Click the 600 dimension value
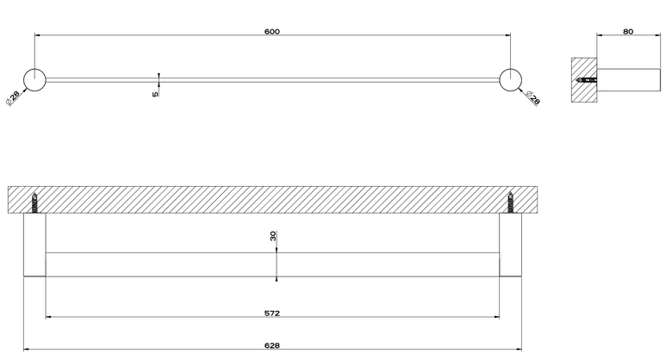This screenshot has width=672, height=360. [272, 31]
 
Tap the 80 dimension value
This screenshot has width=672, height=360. [628, 31]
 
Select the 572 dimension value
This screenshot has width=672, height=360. [272, 313]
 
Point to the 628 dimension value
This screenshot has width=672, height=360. [272, 345]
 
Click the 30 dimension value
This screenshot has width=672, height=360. [273, 236]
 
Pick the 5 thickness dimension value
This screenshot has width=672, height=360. [155, 93]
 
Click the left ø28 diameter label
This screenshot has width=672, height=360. [12, 98]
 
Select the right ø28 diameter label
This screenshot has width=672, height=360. [532, 98]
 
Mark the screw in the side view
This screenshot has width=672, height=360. [587, 80]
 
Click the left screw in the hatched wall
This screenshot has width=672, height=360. [34, 202]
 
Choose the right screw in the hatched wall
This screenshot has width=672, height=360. [510, 202]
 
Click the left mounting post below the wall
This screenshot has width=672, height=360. [34, 245]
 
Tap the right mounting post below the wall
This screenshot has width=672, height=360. [510, 245]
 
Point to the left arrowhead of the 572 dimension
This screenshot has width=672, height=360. [48, 317]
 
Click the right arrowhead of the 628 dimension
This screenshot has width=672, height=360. [519, 350]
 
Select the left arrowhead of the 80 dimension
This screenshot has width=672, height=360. [599, 35]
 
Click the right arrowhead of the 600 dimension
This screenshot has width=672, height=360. [507, 35]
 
